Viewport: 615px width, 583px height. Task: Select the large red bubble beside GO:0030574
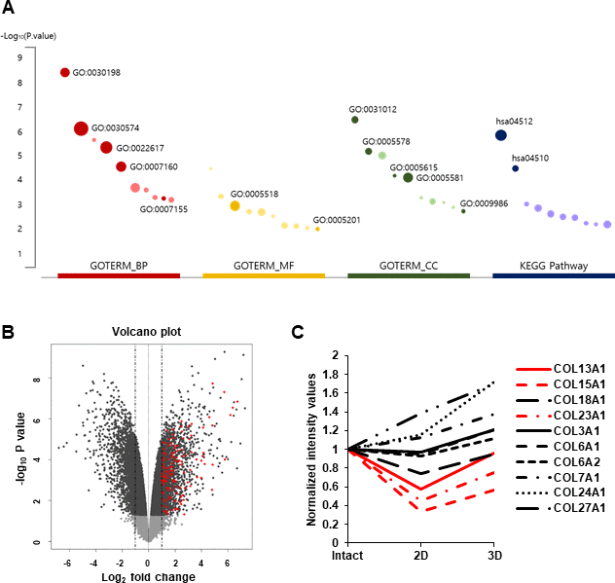[x=81, y=128]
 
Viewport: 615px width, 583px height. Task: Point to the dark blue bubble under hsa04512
[x=501, y=135]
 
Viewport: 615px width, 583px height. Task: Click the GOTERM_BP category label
[x=120, y=265]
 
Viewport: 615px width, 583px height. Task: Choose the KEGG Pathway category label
[x=553, y=265]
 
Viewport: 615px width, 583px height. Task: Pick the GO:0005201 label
[x=336, y=220]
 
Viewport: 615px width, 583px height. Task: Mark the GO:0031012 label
[x=373, y=108]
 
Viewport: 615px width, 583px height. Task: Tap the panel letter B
[x=8, y=331]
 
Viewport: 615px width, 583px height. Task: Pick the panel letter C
[x=299, y=331]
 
